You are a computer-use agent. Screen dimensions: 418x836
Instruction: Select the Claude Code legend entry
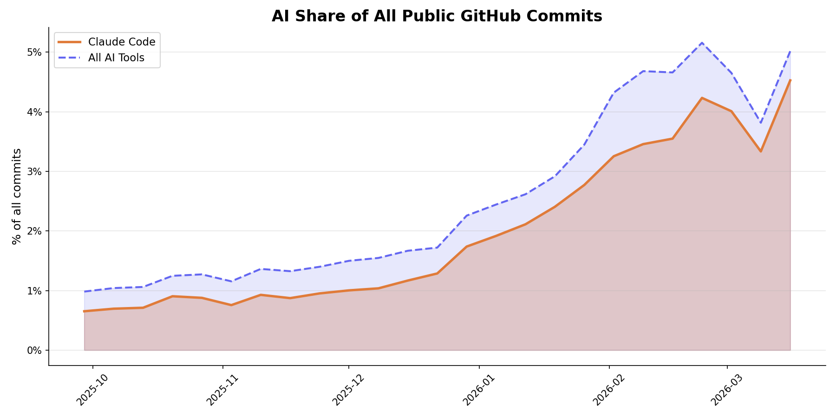click(x=121, y=42)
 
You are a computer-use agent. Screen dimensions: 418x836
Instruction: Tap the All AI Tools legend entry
click(x=116, y=58)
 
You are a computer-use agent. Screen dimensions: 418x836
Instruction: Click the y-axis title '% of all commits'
click(x=17, y=196)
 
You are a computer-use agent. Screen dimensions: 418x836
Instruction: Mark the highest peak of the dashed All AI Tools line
click(x=701, y=43)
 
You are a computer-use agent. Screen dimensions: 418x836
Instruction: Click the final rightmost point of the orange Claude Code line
click(x=790, y=80)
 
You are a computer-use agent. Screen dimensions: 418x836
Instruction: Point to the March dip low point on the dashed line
click(x=761, y=123)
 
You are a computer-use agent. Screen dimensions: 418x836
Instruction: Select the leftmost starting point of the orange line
click(x=84, y=311)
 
